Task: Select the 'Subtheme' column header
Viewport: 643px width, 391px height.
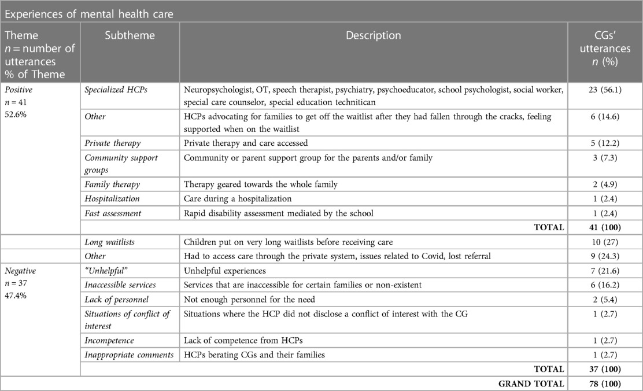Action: tap(130, 36)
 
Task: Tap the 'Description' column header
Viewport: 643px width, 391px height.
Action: tap(373, 36)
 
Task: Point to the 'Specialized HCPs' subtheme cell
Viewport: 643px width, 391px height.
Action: tap(114, 90)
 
